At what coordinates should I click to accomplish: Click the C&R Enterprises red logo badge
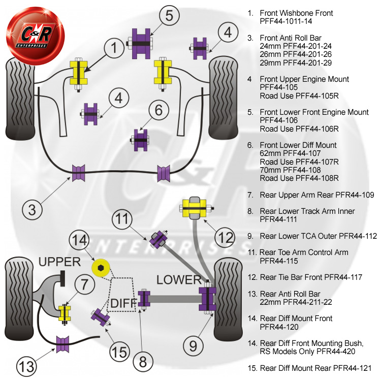36,36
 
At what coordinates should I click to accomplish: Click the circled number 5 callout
169,15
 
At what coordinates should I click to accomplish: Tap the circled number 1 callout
114,48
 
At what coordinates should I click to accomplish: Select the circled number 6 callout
158,110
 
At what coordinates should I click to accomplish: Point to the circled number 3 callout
32,209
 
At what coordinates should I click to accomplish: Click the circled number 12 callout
225,237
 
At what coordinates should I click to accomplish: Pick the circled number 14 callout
79,240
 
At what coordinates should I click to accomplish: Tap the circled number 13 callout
26,366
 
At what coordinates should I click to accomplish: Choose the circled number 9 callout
193,345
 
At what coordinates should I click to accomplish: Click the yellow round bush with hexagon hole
101,268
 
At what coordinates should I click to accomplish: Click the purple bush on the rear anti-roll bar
62,344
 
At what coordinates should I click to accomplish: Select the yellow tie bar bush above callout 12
195,208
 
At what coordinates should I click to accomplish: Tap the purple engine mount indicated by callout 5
141,44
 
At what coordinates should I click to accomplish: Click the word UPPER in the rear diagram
59,262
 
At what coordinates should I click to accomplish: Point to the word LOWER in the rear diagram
179,280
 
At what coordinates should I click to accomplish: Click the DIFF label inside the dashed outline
123,303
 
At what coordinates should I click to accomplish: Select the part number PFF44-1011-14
285,21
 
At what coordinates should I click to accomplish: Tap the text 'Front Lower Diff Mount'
298,145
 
